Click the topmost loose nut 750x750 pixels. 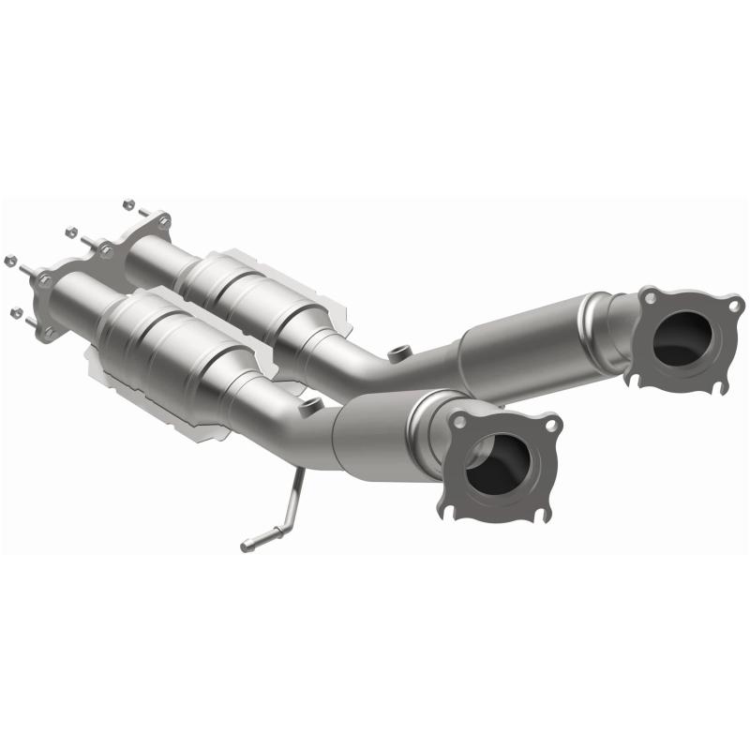click(x=128, y=202)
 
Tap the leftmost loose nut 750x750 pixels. click(x=9, y=260)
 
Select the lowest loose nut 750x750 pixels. click(x=16, y=311)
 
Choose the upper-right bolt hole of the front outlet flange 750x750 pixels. click(x=551, y=425)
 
